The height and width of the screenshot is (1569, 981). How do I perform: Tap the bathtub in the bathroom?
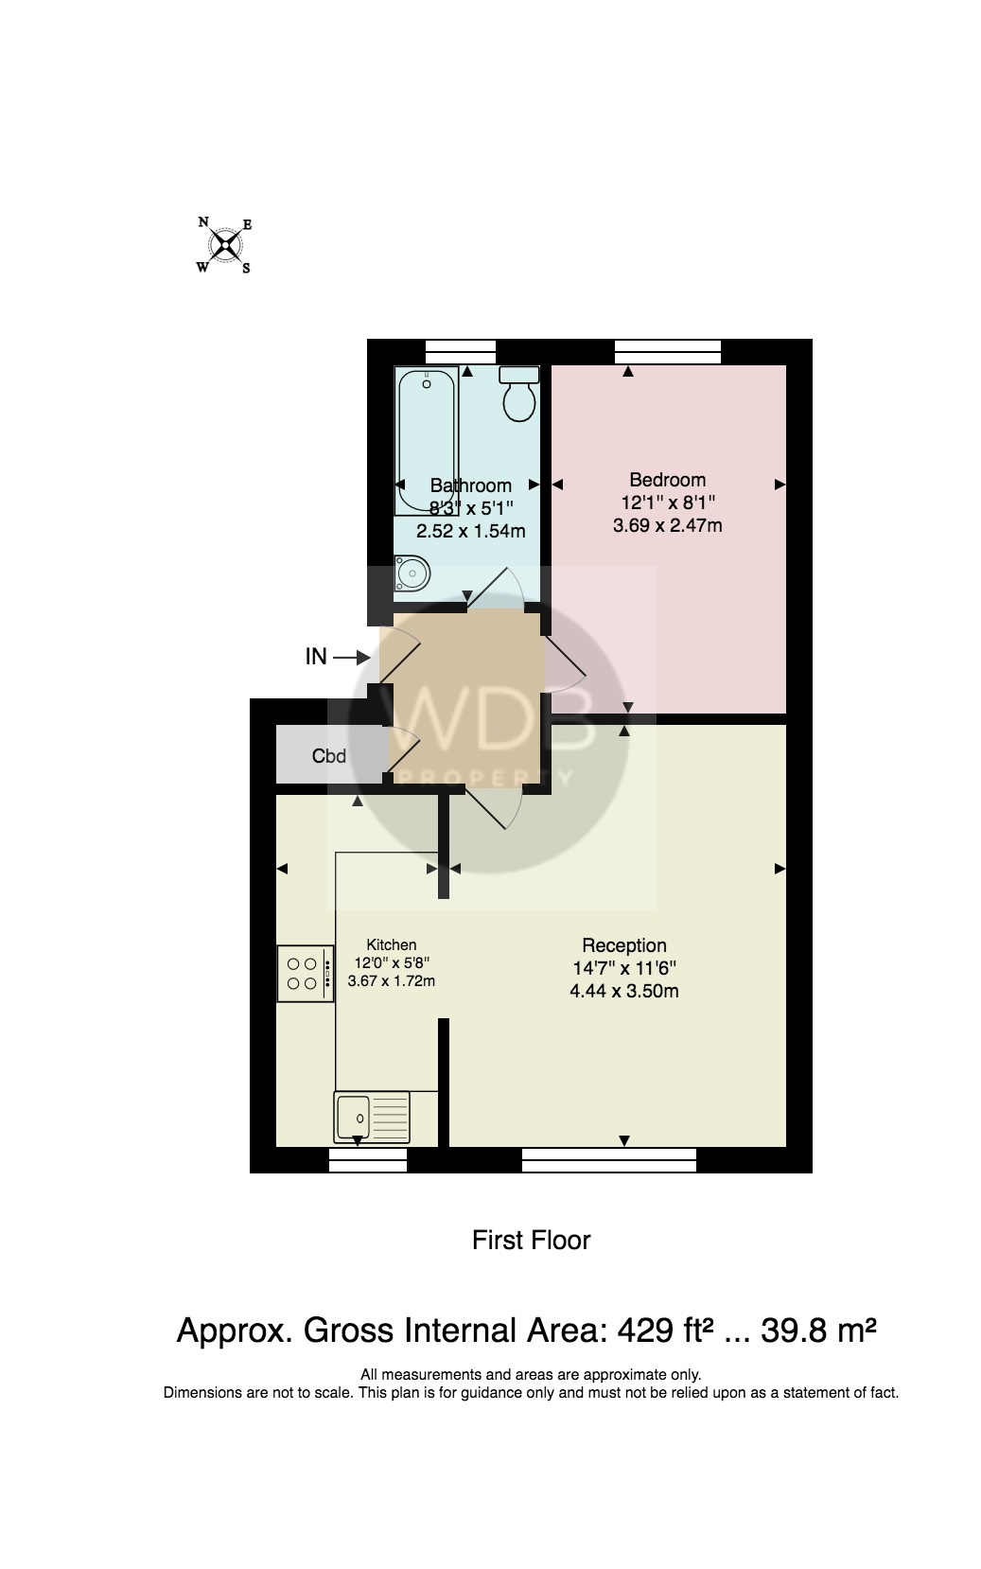(x=427, y=441)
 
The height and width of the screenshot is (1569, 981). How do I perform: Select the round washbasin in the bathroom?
(x=412, y=573)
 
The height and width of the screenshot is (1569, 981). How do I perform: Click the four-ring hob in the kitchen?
(x=306, y=973)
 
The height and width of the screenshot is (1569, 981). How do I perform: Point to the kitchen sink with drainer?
(x=372, y=1117)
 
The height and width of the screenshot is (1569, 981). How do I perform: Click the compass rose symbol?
(x=225, y=245)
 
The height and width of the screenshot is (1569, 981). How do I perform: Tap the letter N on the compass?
(x=203, y=222)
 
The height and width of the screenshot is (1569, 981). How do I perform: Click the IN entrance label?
(x=316, y=657)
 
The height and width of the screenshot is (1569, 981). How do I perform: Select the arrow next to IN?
(x=352, y=657)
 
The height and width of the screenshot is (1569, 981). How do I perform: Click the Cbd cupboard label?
(x=329, y=756)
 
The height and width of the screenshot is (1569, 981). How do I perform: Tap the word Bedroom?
(x=667, y=480)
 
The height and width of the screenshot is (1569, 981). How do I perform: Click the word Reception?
(x=624, y=945)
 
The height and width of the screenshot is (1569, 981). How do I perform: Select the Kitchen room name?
(x=392, y=945)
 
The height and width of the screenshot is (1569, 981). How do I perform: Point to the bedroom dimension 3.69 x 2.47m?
(x=667, y=525)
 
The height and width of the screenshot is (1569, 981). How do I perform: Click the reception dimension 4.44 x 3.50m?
(x=624, y=991)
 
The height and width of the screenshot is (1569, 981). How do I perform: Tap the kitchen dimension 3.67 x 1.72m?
(x=392, y=980)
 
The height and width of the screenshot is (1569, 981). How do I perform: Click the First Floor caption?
(x=531, y=1240)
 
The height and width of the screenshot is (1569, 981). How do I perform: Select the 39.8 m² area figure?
(x=818, y=1331)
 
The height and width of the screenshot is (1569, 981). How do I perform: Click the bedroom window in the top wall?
(x=668, y=352)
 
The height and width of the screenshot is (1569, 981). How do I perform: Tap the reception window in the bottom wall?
(x=609, y=1160)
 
